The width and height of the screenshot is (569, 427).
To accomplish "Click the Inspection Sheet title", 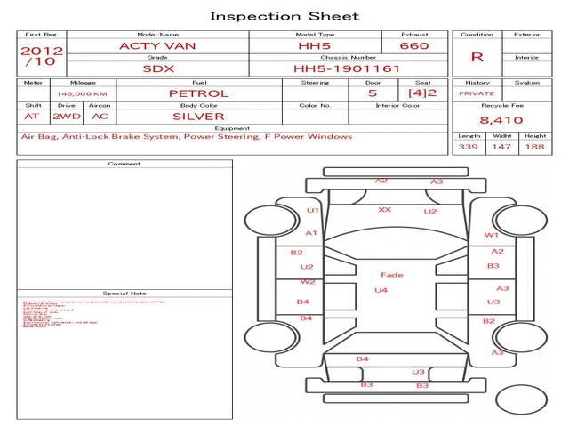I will (x=284, y=16).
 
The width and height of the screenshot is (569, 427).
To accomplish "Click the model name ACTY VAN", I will (x=157, y=45).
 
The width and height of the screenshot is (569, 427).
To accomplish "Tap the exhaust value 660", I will (x=414, y=45).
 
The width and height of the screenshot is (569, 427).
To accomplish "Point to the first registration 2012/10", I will (x=41, y=56).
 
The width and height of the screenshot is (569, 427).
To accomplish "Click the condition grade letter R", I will (x=477, y=57).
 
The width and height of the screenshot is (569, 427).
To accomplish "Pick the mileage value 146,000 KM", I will (x=82, y=93).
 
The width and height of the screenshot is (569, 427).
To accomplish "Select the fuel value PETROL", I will (x=198, y=93).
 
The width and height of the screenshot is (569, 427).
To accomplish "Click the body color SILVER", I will (x=198, y=117).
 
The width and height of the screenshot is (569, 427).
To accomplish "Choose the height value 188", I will (x=535, y=146).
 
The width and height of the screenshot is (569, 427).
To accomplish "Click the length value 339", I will (x=469, y=146).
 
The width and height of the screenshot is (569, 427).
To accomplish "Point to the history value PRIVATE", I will (x=477, y=93).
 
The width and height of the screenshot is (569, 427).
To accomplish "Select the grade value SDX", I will (x=157, y=68).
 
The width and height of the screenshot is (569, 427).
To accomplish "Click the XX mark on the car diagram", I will (x=384, y=210).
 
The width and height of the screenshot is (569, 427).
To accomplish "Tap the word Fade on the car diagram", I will (x=391, y=275).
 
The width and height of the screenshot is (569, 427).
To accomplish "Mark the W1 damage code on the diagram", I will (x=491, y=235).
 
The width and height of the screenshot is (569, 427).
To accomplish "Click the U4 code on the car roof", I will (x=381, y=291).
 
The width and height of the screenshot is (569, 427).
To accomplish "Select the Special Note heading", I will (x=124, y=293).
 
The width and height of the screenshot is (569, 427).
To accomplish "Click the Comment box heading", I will (x=124, y=164).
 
